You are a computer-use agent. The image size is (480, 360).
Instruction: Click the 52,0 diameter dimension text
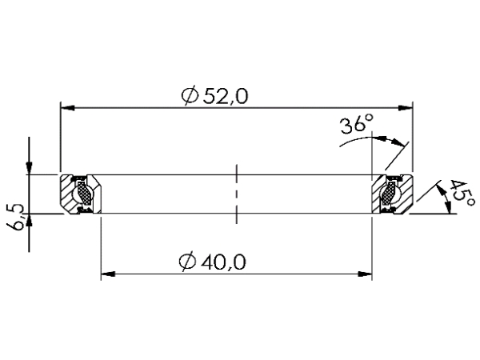point(226,95)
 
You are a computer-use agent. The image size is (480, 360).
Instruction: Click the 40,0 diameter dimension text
point(226,261)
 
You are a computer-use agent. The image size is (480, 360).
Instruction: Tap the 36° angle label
point(357,126)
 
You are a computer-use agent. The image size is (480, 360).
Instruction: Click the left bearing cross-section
point(80,194)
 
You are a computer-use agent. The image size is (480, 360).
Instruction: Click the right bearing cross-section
point(393,194)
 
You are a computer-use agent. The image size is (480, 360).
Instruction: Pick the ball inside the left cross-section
point(82,194)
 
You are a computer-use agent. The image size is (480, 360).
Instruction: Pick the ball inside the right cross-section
point(390,194)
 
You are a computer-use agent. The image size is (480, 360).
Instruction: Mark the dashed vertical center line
point(236,194)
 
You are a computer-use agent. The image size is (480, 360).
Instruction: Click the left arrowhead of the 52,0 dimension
point(67,106)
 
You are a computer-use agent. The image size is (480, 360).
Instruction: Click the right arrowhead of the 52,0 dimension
point(406,106)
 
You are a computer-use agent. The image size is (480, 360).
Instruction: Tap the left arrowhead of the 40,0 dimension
point(106,274)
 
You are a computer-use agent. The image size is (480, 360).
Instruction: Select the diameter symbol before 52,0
point(190,96)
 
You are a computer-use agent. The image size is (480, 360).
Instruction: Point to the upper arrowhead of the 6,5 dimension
point(29,166)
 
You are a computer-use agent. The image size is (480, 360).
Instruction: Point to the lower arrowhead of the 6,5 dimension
point(29,222)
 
